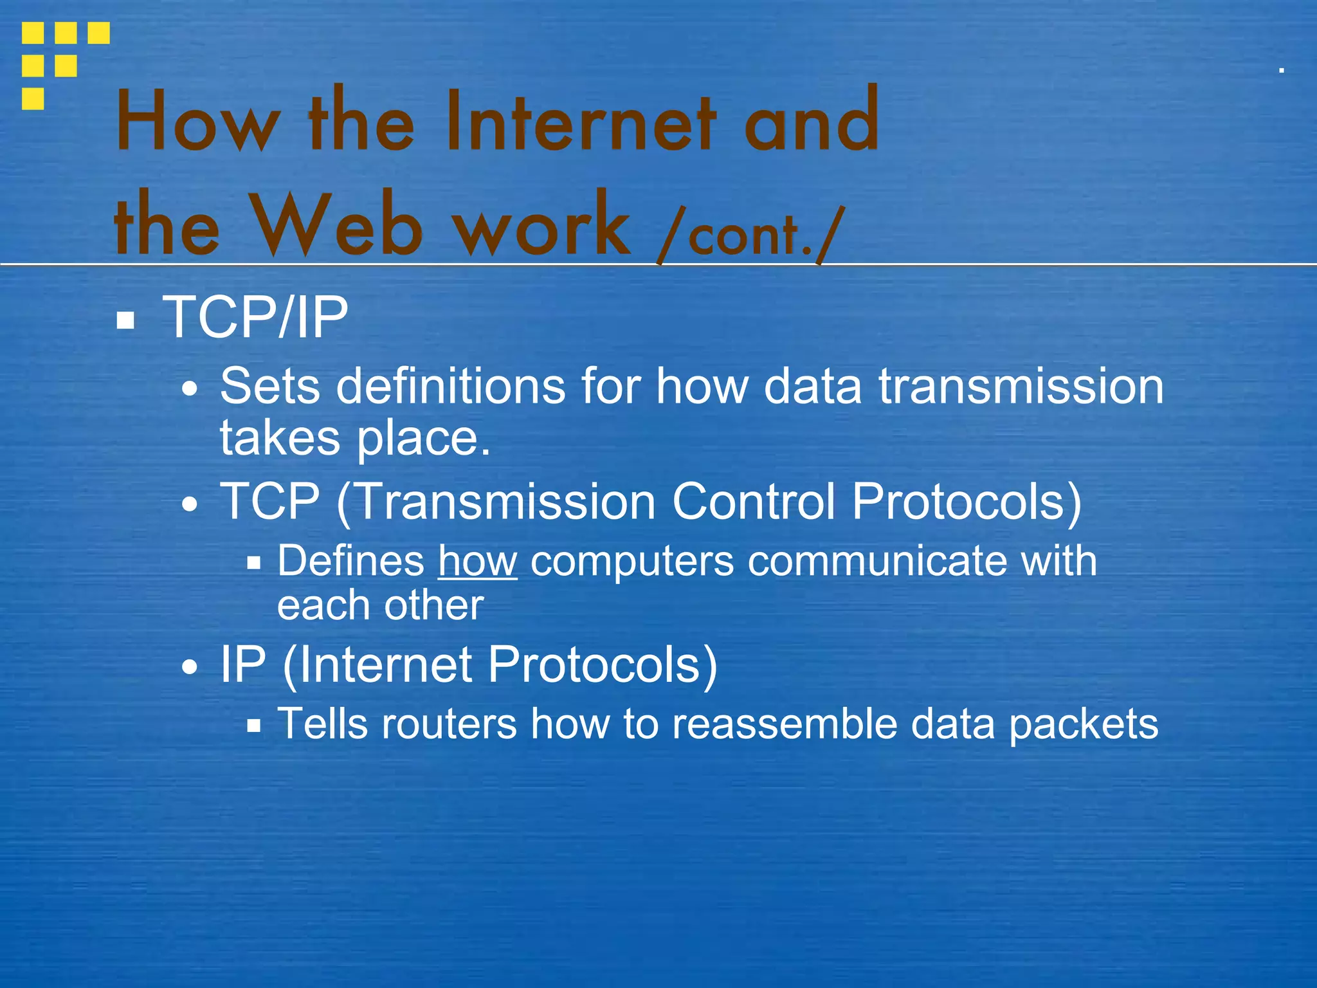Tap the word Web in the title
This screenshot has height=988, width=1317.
[338, 225]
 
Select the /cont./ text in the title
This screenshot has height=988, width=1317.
[749, 233]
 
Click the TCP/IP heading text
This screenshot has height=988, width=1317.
[255, 317]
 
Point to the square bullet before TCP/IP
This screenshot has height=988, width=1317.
[125, 320]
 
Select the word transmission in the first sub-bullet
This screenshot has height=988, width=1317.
[1021, 387]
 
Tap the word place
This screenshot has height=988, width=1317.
[423, 438]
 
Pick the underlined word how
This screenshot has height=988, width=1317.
[477, 561]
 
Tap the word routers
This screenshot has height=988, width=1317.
[449, 724]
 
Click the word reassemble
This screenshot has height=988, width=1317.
[784, 724]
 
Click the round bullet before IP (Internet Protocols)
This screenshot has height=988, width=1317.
[190, 667]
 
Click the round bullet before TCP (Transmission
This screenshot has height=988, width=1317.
[190, 504]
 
